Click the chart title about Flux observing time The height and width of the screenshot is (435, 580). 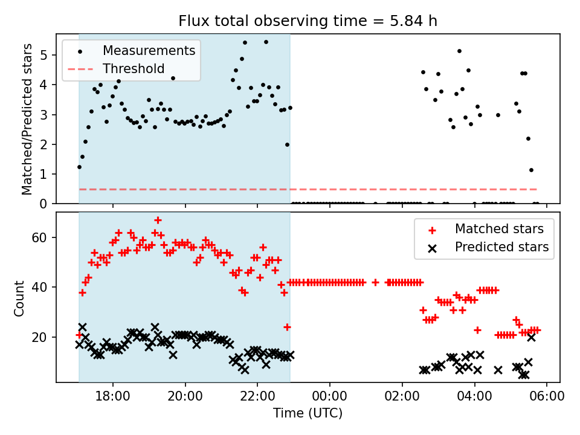(308, 21)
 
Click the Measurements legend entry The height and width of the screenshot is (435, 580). (149, 50)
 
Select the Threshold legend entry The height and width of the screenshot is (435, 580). (134, 69)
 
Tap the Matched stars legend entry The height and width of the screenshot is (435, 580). (499, 229)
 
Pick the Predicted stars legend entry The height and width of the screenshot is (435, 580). (501, 247)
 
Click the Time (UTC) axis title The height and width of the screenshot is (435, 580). (308, 413)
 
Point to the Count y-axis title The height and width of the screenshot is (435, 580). (20, 297)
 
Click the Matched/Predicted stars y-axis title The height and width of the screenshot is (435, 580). (27, 119)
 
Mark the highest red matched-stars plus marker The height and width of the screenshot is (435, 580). (158, 220)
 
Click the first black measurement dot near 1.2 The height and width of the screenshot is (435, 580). (79, 167)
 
